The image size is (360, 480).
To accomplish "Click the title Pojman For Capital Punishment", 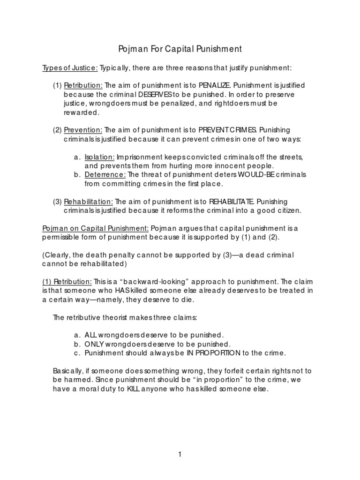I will [180, 49].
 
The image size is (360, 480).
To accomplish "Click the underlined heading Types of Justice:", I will [70, 68].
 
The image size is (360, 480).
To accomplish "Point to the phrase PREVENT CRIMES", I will [228, 130].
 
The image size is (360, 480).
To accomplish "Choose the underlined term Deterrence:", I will [105, 174].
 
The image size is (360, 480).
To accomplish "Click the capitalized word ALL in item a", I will [90, 335].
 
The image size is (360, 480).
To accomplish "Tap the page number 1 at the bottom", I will [180, 454].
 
